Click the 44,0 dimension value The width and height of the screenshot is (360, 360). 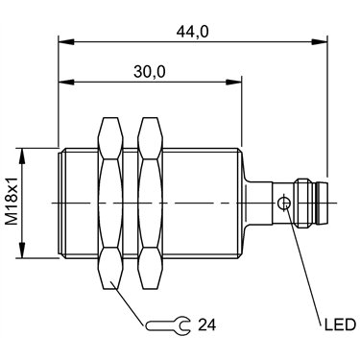(x=192, y=32)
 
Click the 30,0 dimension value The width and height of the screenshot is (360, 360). (x=150, y=72)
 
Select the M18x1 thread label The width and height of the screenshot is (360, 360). (x=12, y=204)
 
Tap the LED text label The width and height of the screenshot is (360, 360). (x=340, y=324)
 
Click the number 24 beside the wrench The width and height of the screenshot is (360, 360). (x=207, y=324)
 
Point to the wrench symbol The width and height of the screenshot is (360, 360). (x=168, y=325)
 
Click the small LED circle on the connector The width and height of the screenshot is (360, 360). (x=284, y=204)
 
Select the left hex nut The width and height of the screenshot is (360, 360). (x=110, y=204)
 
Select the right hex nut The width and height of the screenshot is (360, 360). (x=151, y=204)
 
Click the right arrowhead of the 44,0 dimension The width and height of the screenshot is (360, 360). (x=320, y=41)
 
